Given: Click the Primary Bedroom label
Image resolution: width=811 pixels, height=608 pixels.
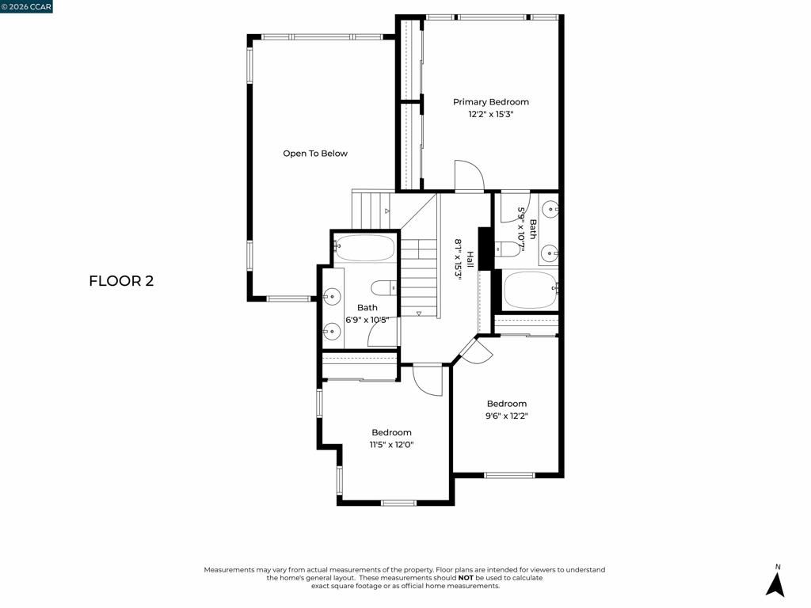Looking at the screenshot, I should click(490, 102).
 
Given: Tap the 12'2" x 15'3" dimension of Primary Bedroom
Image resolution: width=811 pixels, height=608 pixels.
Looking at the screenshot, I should click(490, 115).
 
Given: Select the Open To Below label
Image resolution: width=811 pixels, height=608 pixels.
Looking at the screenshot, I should click(315, 154).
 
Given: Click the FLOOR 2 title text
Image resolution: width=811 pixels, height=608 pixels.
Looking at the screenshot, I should click(121, 281).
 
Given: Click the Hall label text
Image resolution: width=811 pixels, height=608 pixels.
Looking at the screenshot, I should click(470, 259).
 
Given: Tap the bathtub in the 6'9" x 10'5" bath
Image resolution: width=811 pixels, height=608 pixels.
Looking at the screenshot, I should click(364, 249).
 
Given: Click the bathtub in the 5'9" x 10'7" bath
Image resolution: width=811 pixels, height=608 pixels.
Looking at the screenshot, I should click(529, 291).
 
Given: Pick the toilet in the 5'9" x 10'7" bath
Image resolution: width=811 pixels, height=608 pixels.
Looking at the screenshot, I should click(507, 249).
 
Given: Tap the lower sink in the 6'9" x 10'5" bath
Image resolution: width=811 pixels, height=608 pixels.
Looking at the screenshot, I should click(331, 330).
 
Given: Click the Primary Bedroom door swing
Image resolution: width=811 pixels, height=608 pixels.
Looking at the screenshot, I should click(468, 177).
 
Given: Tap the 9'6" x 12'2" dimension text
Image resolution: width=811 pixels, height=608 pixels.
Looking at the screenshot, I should click(507, 416).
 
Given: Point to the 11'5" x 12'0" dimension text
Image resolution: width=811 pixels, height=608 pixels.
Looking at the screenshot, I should click(392, 444).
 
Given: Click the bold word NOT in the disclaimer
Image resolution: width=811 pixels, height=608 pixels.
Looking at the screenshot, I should click(466, 578).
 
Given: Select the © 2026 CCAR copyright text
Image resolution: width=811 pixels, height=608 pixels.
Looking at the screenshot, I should click(27, 7).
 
